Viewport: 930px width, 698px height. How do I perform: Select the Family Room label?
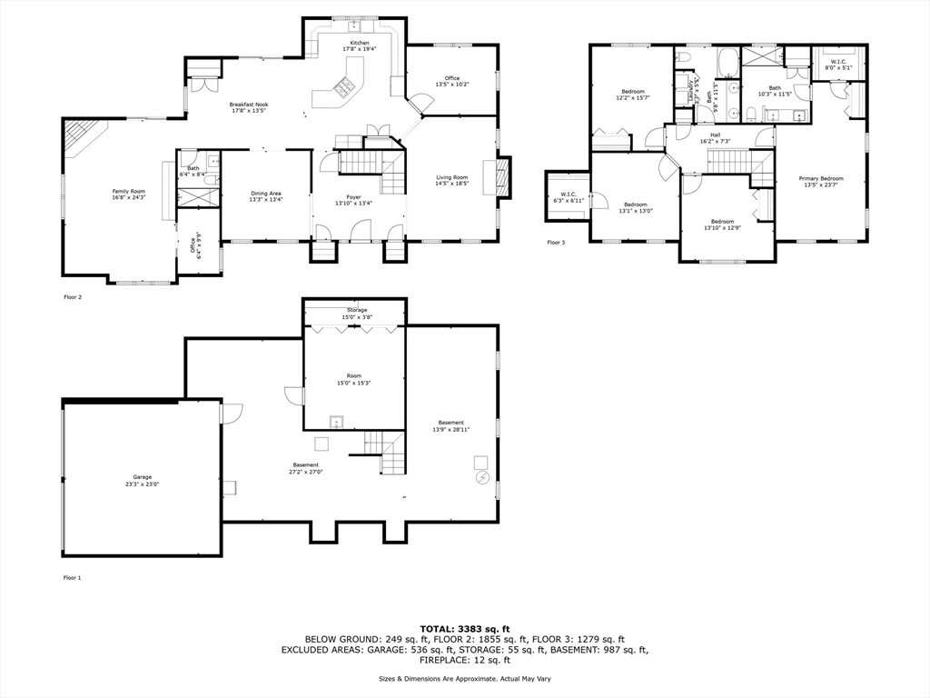click(129, 194)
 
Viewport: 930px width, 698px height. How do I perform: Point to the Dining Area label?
click(266, 196)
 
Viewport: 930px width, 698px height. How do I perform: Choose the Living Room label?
click(451, 181)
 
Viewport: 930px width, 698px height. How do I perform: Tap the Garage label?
click(143, 480)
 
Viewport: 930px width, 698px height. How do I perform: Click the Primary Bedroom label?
click(821, 182)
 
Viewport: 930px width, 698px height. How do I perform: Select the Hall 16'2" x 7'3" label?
click(716, 138)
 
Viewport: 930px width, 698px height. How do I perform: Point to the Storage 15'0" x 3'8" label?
click(354, 314)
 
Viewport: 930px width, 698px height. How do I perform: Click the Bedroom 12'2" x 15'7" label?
click(633, 95)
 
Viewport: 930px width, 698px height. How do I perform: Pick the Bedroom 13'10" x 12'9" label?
click(722, 224)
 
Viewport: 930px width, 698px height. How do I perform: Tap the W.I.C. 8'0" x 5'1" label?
click(838, 64)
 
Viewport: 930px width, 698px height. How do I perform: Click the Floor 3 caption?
click(556, 243)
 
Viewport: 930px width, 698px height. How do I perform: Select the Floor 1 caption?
click(72, 577)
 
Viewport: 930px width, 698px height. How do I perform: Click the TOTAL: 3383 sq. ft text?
click(464, 628)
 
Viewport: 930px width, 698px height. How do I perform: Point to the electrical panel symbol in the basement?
click(481, 477)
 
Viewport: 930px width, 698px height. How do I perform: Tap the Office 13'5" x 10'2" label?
click(451, 81)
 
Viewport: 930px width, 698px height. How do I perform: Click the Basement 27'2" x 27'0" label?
click(305, 468)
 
